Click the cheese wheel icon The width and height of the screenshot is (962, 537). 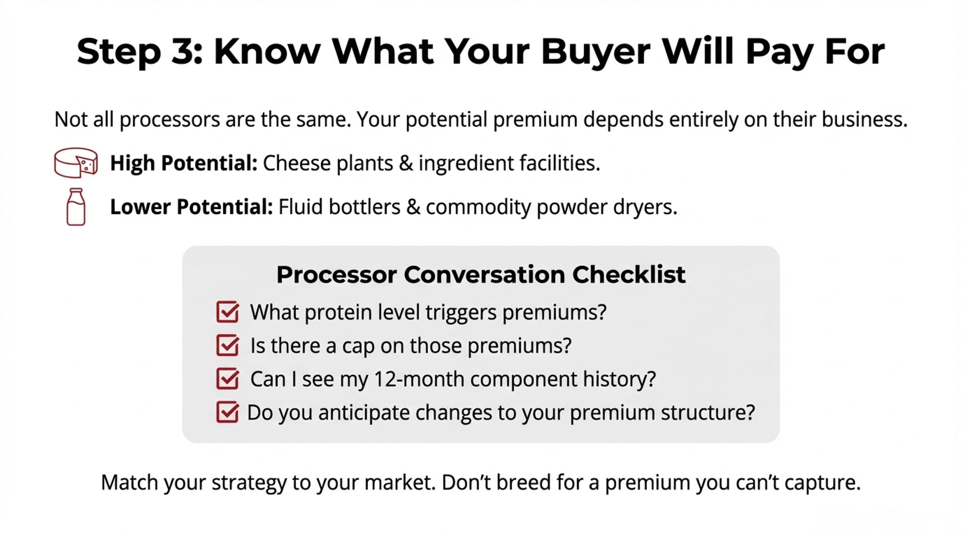click(x=76, y=163)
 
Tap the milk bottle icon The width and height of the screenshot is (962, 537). click(x=76, y=206)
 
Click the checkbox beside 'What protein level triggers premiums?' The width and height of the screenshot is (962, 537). click(x=228, y=312)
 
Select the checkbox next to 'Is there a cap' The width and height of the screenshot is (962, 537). click(x=228, y=345)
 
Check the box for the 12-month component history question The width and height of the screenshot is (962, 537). click(x=228, y=378)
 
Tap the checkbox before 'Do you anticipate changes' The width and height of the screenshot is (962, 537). click(x=228, y=412)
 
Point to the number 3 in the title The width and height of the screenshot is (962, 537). click(x=182, y=51)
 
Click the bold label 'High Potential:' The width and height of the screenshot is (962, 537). click(x=184, y=163)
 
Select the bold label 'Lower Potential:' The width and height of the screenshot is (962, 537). click(x=191, y=207)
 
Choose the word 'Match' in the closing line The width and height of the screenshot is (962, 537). click(x=129, y=482)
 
